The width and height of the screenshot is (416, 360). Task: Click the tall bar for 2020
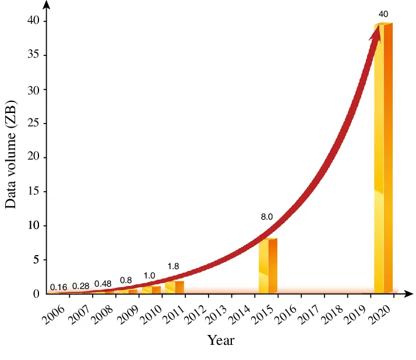click(383, 157)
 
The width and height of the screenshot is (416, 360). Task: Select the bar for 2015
click(268, 266)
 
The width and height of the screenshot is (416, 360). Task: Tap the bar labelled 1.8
click(175, 287)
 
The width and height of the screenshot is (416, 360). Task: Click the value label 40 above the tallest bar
click(383, 13)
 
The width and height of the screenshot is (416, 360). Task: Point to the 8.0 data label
click(267, 217)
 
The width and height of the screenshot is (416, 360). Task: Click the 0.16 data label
click(59, 287)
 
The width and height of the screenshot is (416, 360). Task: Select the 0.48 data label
click(103, 284)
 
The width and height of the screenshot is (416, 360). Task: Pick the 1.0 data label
click(149, 276)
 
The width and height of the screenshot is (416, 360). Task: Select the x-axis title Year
click(221, 340)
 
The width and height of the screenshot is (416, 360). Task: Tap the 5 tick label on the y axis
click(36, 260)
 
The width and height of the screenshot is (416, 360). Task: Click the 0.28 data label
click(80, 286)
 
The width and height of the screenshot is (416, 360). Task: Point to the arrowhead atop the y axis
click(47, 5)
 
